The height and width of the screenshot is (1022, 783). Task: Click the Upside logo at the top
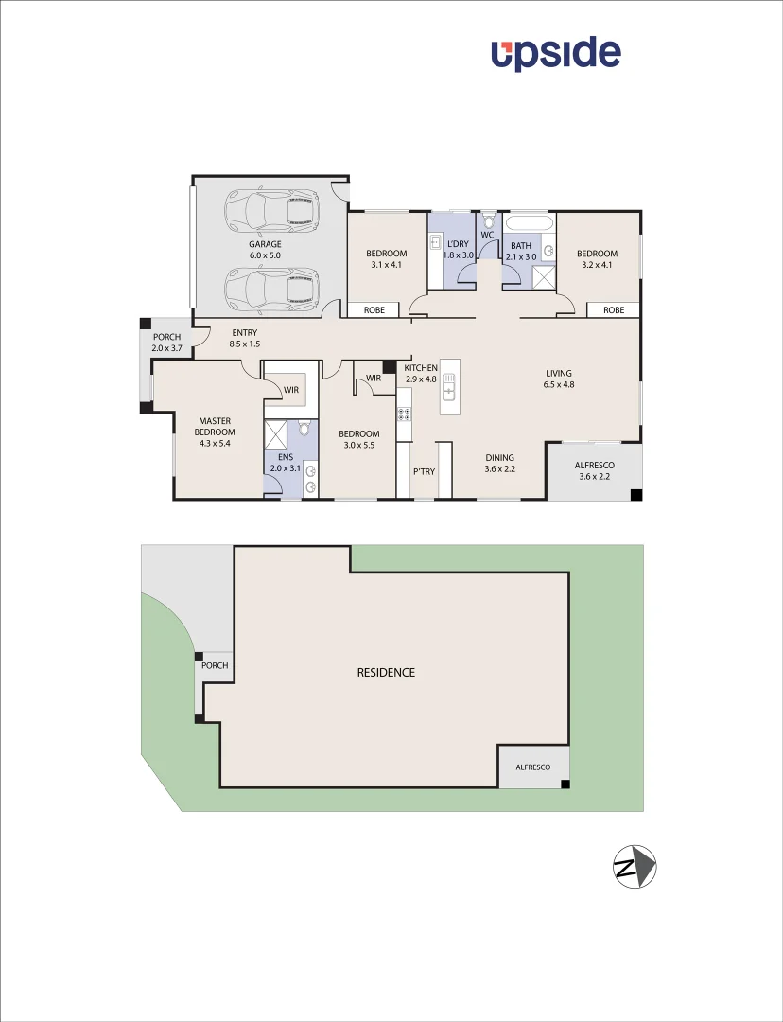click(x=556, y=54)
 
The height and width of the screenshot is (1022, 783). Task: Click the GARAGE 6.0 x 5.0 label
click(x=265, y=250)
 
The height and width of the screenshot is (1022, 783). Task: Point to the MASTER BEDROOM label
click(x=216, y=432)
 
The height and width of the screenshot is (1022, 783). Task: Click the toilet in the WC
click(x=488, y=223)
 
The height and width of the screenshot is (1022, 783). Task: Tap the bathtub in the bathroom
click(x=529, y=224)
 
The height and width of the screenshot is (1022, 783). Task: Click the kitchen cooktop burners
click(x=404, y=414)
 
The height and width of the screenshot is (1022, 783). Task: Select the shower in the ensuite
click(x=277, y=435)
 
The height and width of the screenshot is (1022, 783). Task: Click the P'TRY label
click(x=424, y=470)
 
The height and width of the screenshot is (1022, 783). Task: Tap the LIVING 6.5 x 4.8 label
click(x=559, y=379)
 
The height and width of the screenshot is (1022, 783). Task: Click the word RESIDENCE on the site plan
click(x=386, y=673)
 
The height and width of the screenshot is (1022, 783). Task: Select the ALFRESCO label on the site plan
click(x=533, y=767)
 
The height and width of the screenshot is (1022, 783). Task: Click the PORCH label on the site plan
click(x=215, y=665)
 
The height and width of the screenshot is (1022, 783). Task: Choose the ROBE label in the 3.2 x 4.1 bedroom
click(x=614, y=309)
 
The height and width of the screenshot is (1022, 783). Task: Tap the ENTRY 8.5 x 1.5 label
click(x=244, y=338)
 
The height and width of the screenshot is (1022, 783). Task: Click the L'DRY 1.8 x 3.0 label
click(x=458, y=250)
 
